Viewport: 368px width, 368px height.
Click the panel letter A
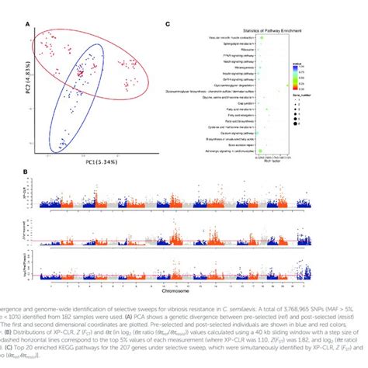[30, 26]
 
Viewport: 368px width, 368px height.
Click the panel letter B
[30, 172]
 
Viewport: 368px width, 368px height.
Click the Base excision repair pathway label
[234, 144]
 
